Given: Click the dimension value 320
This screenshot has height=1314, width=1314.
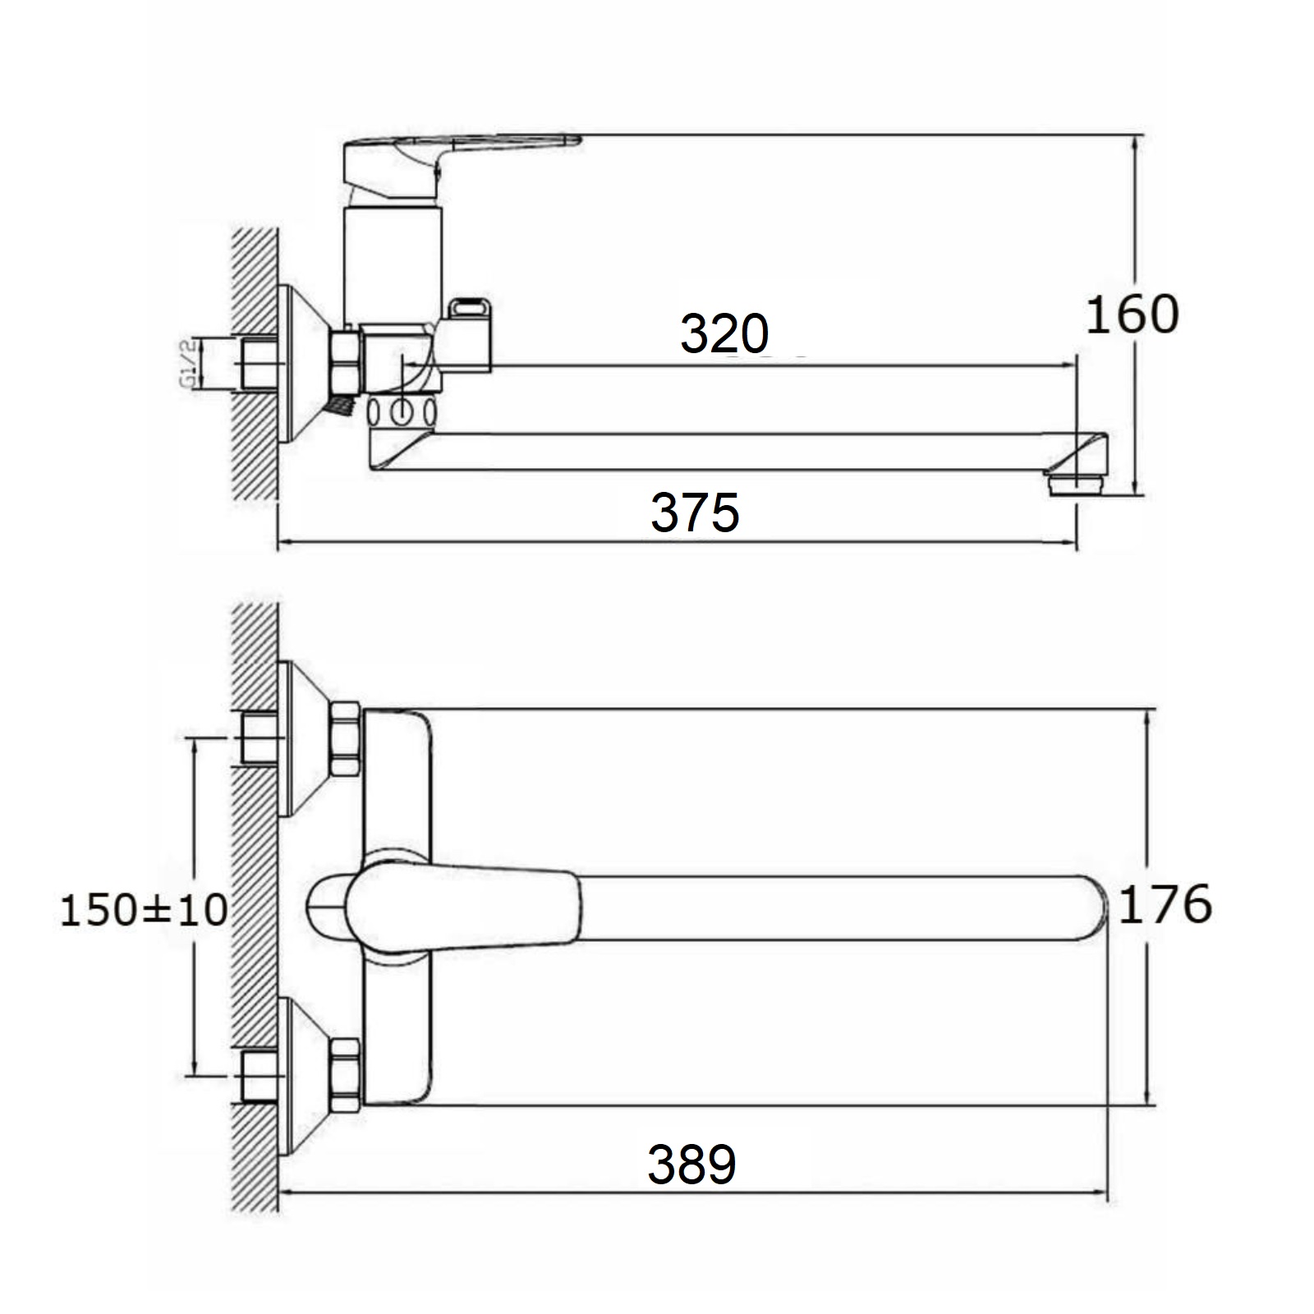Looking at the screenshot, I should (724, 334).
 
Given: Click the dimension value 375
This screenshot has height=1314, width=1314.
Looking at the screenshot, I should (695, 512).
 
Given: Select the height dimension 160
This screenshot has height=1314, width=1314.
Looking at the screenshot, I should (1132, 314).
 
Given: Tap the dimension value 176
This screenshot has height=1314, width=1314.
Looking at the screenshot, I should (1165, 904).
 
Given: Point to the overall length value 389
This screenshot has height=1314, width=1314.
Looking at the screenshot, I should (691, 1164).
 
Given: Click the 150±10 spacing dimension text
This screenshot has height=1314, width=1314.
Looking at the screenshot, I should (144, 911).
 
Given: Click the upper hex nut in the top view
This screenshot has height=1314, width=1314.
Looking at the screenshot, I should (345, 738).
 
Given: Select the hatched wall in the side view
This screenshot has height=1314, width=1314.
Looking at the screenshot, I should (255, 361).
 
